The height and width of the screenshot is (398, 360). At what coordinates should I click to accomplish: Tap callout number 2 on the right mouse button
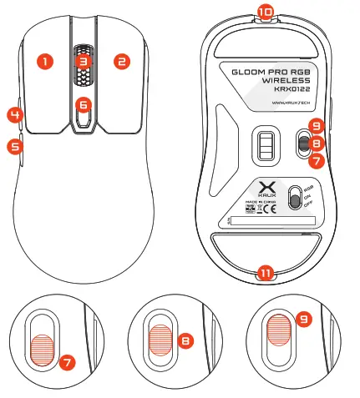click(121, 61)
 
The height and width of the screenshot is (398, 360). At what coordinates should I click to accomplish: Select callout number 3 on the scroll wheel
click(82, 61)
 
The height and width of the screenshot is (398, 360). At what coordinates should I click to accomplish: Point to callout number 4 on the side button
click(14, 113)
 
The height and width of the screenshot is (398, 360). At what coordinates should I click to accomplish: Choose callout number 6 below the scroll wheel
click(82, 105)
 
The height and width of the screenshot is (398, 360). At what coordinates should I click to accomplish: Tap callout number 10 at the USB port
click(265, 12)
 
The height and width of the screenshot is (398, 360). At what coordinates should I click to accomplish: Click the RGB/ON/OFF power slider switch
click(294, 199)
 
